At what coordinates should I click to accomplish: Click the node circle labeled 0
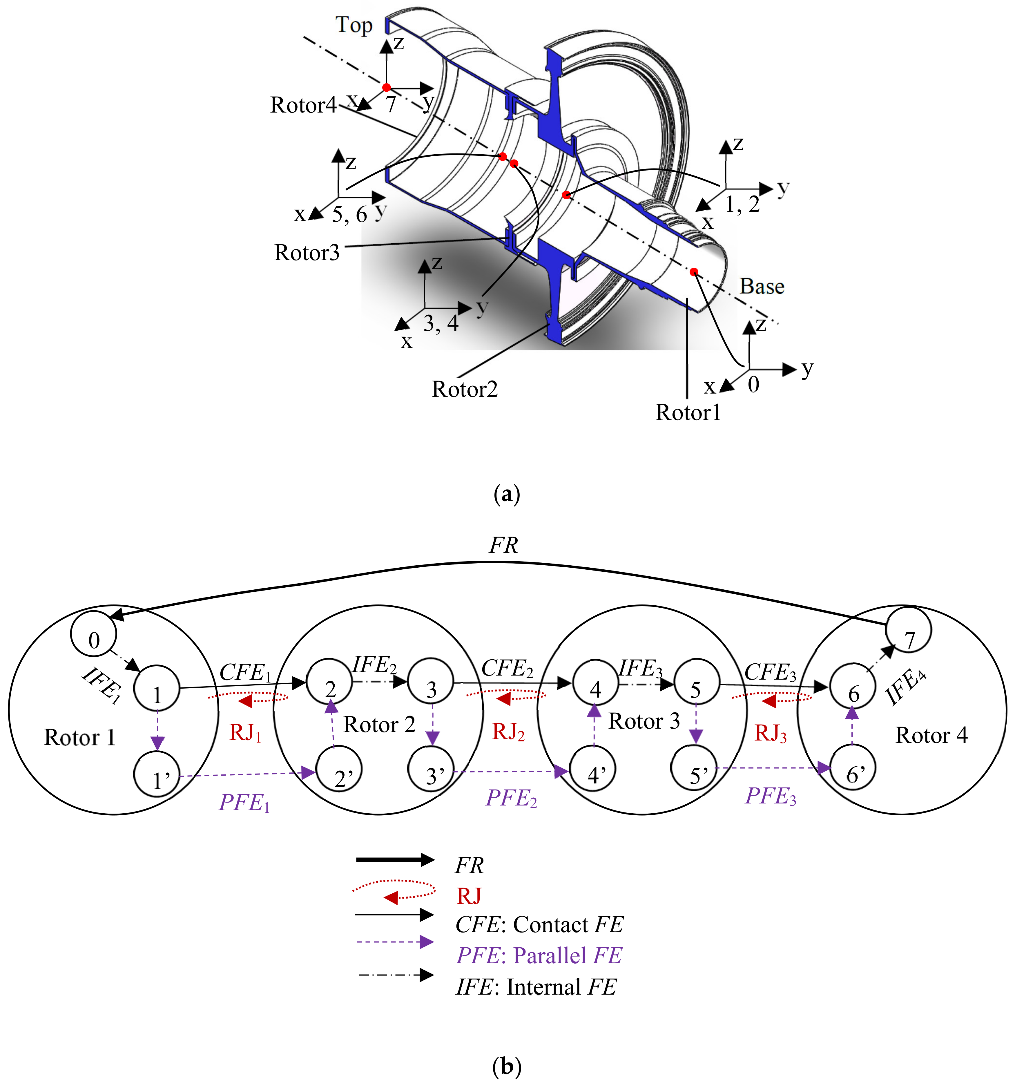pos(94,634)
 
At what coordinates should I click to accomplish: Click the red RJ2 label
pos(508,732)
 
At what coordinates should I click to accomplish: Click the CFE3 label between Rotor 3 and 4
pos(771,671)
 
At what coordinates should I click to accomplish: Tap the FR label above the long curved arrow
pos(503,545)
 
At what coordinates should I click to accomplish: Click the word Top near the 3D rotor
pos(354,25)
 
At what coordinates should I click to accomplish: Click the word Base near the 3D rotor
pos(762,286)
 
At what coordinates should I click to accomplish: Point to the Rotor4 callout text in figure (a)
pos(303,105)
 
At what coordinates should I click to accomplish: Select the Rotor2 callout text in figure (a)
pos(465,389)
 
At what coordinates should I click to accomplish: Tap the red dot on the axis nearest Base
pos(694,271)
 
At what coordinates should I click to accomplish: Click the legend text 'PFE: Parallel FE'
pos(539,955)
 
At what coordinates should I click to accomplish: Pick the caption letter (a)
pos(507,494)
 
